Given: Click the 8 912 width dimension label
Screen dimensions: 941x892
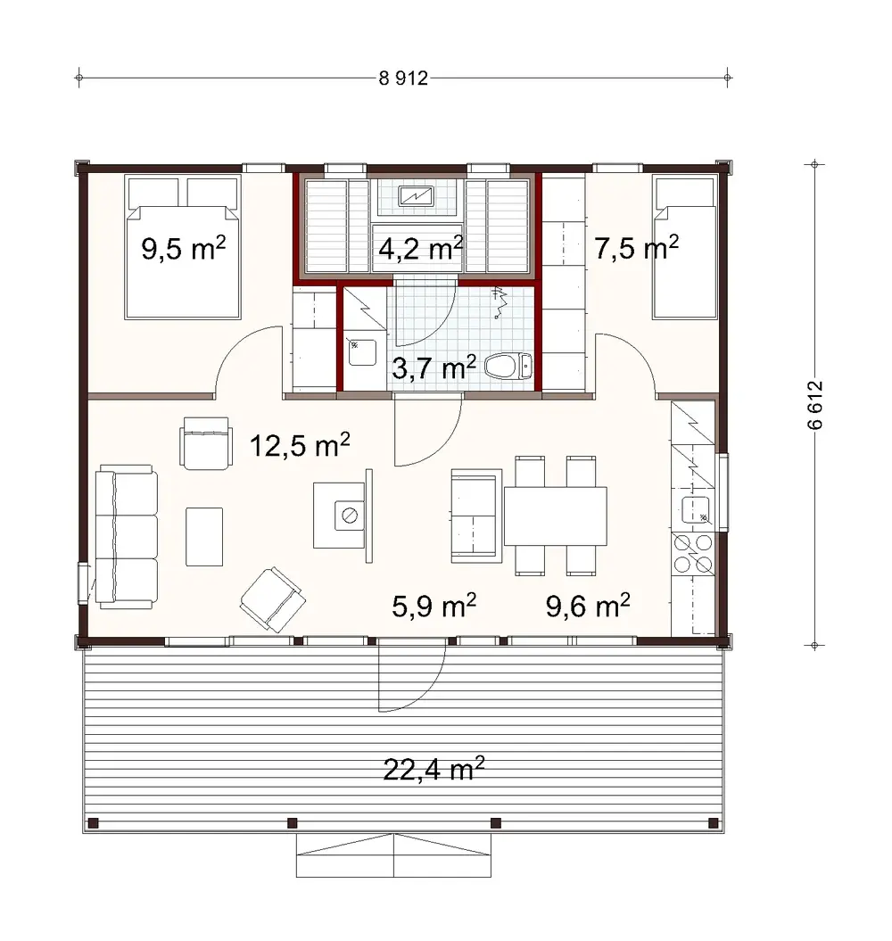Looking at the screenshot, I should tap(404, 78).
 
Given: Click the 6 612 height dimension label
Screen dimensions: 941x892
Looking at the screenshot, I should tap(814, 406).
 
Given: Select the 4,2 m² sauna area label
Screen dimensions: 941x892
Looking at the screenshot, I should tap(420, 247).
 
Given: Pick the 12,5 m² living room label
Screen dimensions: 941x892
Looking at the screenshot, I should tap(299, 445).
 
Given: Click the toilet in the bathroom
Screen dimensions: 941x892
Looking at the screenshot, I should tap(509, 366).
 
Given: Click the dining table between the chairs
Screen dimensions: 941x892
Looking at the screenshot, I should tap(555, 516).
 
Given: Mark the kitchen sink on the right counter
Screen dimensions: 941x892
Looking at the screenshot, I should tap(695, 511).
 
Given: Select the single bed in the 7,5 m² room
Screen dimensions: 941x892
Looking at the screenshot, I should tap(685, 247).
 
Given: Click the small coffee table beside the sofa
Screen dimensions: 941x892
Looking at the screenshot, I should tap(204, 535).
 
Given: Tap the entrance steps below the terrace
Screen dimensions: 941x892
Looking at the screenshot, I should tap(392, 856).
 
